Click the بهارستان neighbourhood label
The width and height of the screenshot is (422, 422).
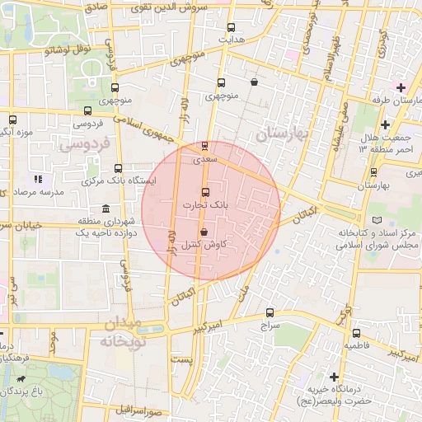280,132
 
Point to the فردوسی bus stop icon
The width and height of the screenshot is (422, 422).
87,110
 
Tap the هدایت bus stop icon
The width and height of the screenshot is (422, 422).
230,26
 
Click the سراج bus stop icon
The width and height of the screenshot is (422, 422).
270,312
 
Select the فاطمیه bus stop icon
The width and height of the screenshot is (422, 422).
356,334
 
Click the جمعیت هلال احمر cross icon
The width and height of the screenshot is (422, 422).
385,124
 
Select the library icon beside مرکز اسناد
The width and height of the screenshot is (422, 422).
377,221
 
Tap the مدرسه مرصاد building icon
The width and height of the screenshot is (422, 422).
37,179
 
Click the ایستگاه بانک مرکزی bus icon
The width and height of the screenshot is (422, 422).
118,168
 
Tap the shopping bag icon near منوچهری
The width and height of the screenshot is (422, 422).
254,82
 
